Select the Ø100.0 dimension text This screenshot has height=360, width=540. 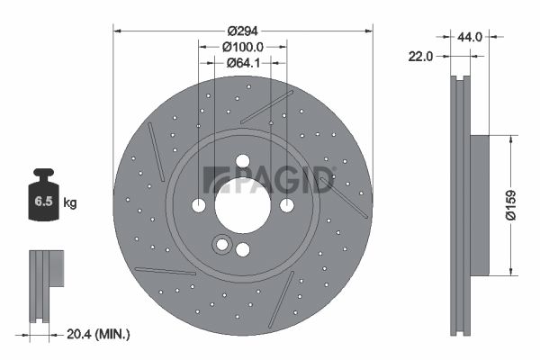coord(242,46)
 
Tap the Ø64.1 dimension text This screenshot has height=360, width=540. coord(243,62)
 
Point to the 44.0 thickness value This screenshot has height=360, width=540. coord(471,37)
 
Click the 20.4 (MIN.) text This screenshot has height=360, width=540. coord(98,334)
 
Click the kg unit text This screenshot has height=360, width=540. coord(69,203)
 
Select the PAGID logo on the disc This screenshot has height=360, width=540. coord(269,179)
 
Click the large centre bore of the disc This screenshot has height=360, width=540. coord(242,205)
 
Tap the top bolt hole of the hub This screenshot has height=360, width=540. coord(242,161)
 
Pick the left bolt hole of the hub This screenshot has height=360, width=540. coord(199,205)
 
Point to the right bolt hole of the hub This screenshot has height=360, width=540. coord(286,205)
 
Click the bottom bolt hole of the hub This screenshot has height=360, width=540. coord(242,249)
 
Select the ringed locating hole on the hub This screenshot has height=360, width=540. coord(221,244)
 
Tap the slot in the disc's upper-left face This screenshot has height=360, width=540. coord(156,150)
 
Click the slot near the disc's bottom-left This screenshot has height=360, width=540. coord(165,270)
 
